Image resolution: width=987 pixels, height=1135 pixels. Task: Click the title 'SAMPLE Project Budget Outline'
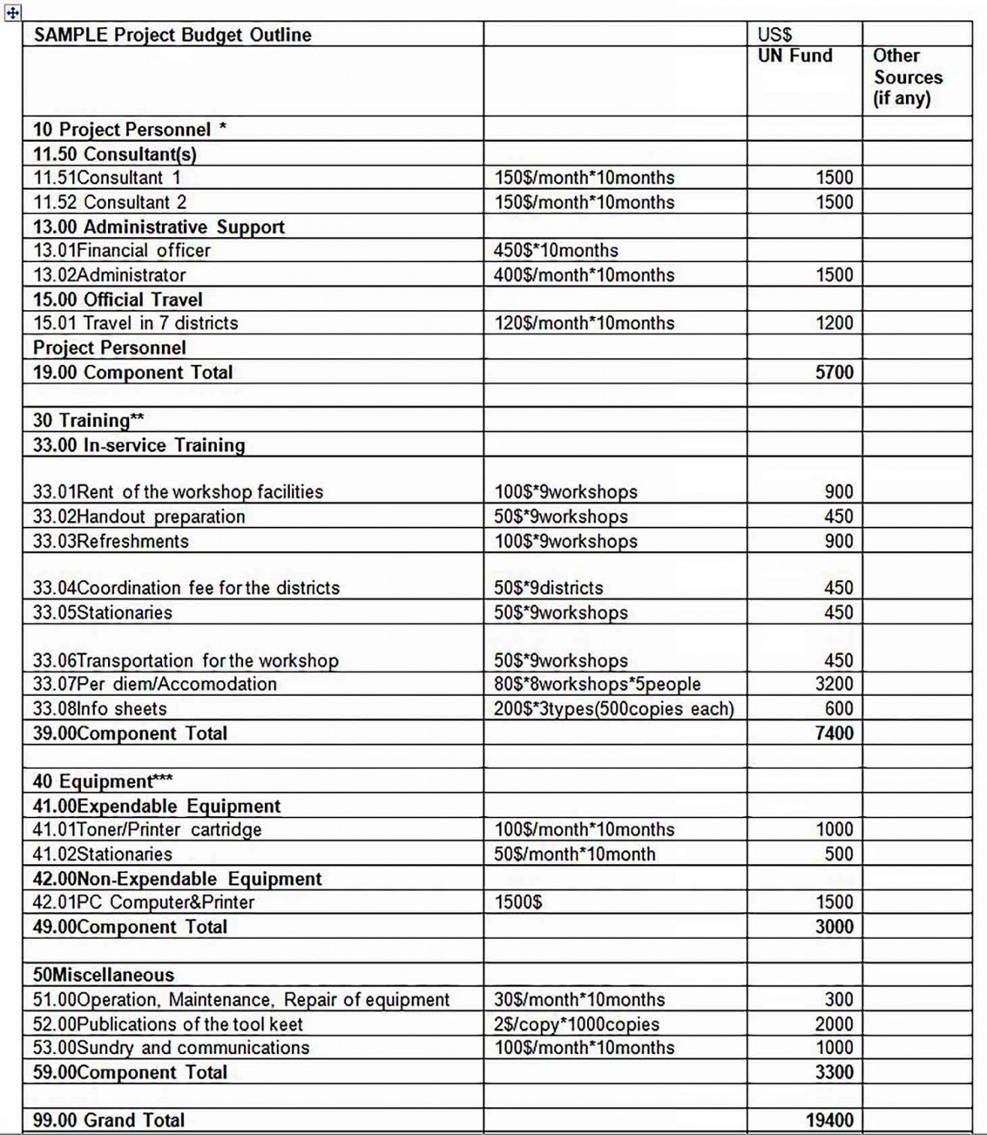pos(172,35)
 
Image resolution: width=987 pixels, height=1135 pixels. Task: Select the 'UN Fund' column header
pos(795,56)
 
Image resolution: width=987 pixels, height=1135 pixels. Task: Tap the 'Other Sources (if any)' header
pos(907,77)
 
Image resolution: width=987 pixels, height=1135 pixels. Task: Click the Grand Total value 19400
pos(829,1120)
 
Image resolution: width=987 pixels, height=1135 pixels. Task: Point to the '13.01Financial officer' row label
pos(122,251)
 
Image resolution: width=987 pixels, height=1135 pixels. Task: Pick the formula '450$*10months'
pos(556,251)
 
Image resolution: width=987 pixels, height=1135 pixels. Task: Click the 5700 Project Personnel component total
pos(834,372)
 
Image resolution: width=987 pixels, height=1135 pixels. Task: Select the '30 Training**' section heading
pos(88,420)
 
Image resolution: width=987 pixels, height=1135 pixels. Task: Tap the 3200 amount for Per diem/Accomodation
pos(834,684)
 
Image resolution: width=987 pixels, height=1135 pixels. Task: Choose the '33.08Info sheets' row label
pos(100,709)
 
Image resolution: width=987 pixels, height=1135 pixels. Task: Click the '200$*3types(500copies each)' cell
pos(613,709)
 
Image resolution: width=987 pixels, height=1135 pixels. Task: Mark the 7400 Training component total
pos(834,733)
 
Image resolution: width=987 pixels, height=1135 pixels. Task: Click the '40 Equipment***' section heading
pos(102,781)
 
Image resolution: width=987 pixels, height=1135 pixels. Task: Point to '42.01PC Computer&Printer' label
pos(143,902)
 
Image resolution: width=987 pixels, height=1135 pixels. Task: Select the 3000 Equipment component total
pos(834,927)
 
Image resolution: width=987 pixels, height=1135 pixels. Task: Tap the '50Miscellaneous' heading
pos(104,975)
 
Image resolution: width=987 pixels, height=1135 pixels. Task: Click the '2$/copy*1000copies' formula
pos(576,1025)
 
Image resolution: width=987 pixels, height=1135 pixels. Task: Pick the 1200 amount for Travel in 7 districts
pos(834,324)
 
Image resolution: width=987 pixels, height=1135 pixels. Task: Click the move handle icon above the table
pos(13,12)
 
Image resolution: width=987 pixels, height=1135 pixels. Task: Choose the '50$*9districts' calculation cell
pos(549,588)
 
